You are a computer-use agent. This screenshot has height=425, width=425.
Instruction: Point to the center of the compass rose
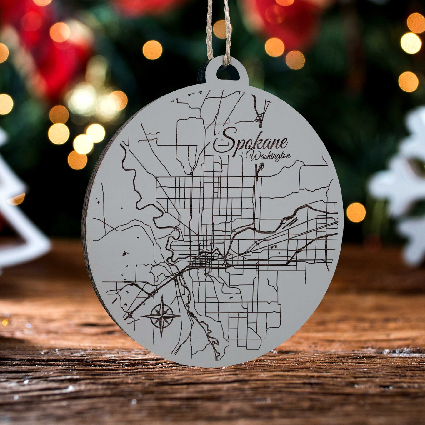(x=161, y=316)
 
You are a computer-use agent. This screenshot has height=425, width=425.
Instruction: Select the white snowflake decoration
(x=403, y=182)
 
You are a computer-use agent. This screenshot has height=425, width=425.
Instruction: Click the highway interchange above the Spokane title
(x=259, y=118)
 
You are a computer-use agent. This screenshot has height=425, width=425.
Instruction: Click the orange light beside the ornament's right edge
(x=356, y=212)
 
